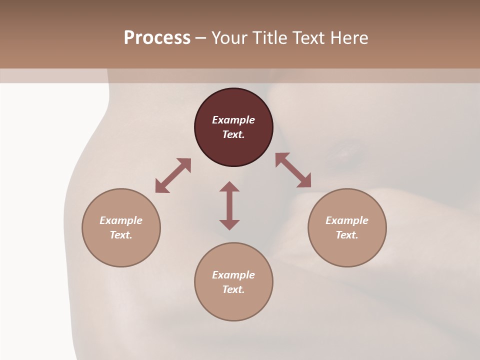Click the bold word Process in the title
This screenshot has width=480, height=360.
pos(157,38)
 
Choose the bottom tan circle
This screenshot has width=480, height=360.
pos(233,305)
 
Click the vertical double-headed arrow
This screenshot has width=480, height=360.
pos(229,205)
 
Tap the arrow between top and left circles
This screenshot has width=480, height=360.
pos(173,175)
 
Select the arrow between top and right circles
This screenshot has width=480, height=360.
pos(293,170)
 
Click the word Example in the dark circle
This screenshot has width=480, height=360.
pos(233,120)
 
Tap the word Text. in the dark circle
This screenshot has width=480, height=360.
pos(233,134)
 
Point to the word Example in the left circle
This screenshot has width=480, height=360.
pos(121,220)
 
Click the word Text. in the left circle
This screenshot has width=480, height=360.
pos(121,235)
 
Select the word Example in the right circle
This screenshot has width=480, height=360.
pos(347,220)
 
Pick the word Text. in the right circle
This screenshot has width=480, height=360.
pos(347,235)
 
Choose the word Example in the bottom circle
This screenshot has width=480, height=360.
pos(233,275)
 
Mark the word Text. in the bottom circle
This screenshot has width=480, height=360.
pos(233,289)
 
